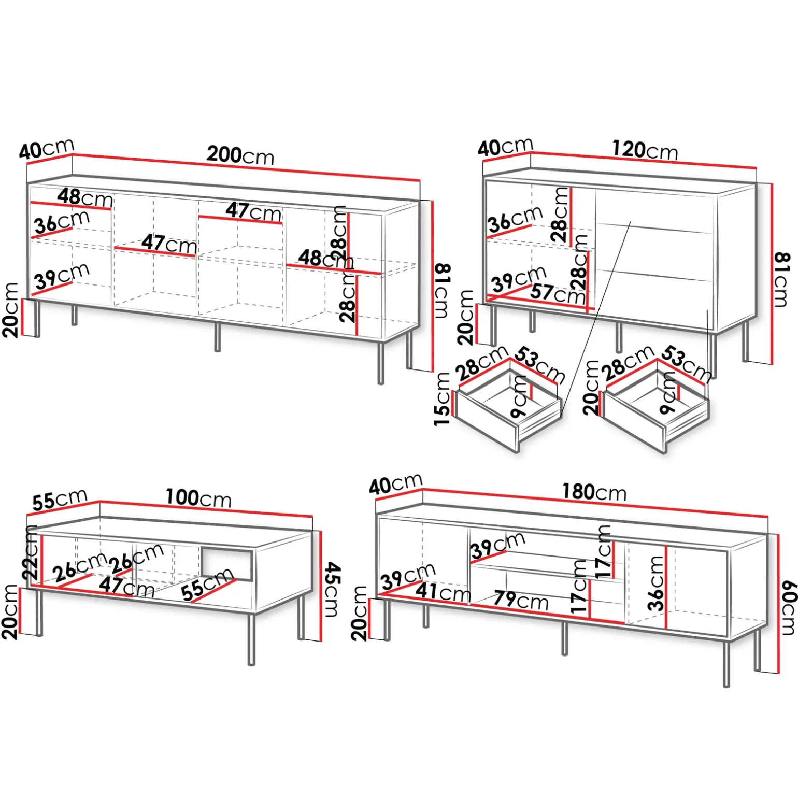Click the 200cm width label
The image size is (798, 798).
240,155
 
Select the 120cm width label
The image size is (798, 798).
645,150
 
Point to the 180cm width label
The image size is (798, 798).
594,492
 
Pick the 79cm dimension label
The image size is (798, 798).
520,600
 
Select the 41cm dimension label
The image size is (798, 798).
443,592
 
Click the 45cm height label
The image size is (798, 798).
332,590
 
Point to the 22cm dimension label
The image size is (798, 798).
31,552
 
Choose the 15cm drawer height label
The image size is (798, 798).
442,399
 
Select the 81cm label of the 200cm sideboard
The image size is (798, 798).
441,290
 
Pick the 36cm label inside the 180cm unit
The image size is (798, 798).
656,583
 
